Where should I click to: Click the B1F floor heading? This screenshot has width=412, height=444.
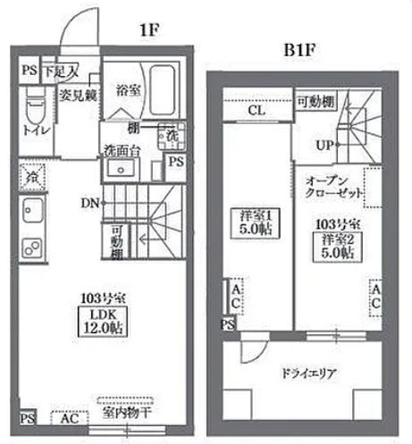pos(297,49)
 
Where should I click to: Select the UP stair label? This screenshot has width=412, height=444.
pos(324,144)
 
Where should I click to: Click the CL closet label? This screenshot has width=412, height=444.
pos(256,112)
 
